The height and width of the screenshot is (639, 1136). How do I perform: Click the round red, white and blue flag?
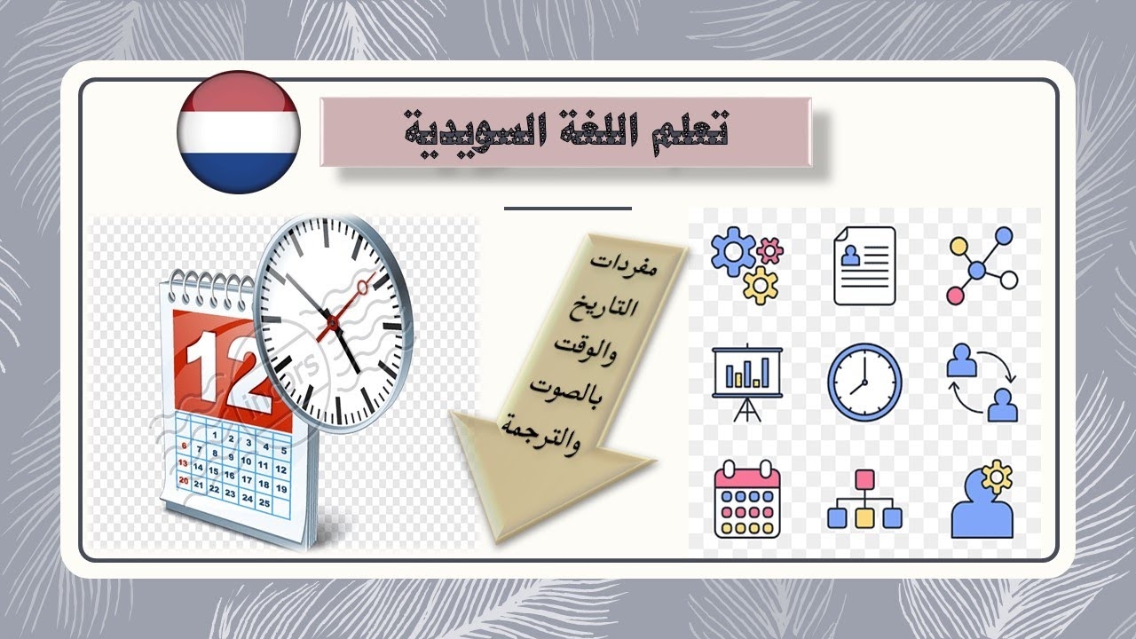pos(239,132)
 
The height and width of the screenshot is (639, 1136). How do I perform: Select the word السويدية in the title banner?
pos(473,133)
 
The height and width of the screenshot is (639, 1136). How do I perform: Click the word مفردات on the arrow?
pos(623,264)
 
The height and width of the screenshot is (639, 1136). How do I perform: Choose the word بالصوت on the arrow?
pos(565,392)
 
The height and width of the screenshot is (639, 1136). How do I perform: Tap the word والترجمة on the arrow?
pos(540,435)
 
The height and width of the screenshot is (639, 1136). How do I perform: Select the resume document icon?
pos(864,265)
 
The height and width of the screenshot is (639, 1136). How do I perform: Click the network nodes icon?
pos(982,265)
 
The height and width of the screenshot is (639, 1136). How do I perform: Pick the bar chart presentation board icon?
pos(747,383)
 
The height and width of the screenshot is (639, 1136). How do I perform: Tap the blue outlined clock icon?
pos(864,383)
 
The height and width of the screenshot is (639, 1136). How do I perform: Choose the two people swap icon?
pos(982,383)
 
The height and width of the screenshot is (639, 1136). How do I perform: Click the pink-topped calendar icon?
pos(747,499)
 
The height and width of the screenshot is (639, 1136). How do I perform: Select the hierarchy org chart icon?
pos(864,499)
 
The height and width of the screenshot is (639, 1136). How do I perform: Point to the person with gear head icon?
pos(982,499)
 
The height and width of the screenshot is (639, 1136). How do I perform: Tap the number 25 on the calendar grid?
pos(264,503)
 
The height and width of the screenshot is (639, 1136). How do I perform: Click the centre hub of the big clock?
pos(332,322)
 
